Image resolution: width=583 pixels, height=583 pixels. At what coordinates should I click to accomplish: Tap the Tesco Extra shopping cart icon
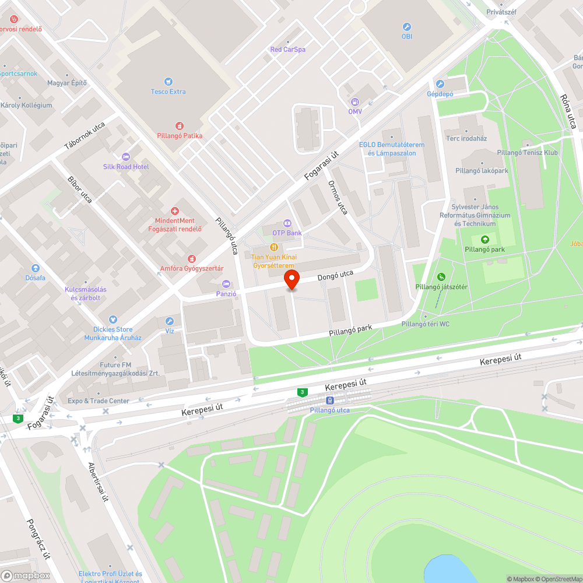pyautogui.click(x=168, y=82)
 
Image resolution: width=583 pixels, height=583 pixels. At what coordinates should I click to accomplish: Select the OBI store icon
pyautogui.click(x=407, y=27)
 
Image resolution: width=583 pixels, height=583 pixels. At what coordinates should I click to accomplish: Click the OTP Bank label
pyautogui.click(x=287, y=233)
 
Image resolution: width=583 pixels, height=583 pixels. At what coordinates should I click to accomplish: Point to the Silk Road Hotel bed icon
pyautogui.click(x=125, y=157)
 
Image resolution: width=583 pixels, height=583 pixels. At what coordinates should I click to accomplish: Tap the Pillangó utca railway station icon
pyautogui.click(x=330, y=401)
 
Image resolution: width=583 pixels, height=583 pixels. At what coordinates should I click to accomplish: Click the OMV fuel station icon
pyautogui.click(x=355, y=101)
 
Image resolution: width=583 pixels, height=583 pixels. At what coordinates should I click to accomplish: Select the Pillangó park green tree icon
pyautogui.click(x=484, y=240)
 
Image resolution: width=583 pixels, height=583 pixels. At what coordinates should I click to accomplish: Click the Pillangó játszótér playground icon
pyautogui.click(x=441, y=277)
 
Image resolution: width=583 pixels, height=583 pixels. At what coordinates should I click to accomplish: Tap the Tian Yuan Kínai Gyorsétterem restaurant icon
pyautogui.click(x=273, y=247)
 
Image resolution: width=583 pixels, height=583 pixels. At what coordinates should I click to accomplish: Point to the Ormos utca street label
pyautogui.click(x=338, y=196)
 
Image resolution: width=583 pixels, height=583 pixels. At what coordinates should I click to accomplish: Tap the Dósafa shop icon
pyautogui.click(x=36, y=268)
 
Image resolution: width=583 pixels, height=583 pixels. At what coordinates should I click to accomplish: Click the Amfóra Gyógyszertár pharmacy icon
pyautogui.click(x=191, y=259)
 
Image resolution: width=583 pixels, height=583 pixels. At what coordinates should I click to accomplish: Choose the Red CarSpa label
pyautogui.click(x=288, y=50)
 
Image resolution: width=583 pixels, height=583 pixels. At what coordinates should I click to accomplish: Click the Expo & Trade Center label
pyautogui.click(x=99, y=401)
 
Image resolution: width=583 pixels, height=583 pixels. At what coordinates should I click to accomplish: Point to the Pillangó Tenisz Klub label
pyautogui.click(x=528, y=153)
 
